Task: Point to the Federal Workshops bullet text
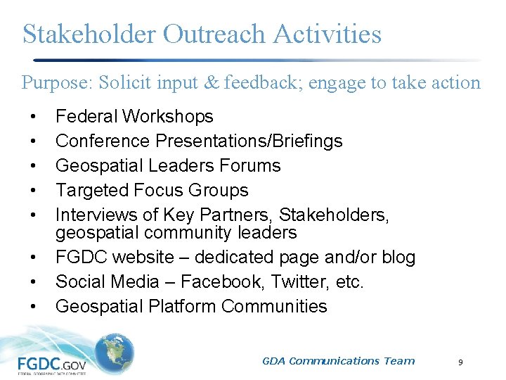134,116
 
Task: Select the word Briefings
301,141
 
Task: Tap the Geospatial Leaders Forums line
168,165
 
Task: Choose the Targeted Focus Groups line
152,190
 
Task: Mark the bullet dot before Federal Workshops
32,117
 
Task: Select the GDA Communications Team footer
338,361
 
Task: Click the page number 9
460,362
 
